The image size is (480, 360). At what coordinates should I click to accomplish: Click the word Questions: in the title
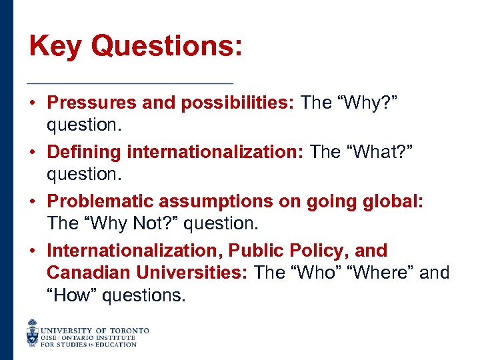167,47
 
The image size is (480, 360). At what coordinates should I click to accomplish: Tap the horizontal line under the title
130,83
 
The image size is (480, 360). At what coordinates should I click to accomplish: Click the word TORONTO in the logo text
129,330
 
